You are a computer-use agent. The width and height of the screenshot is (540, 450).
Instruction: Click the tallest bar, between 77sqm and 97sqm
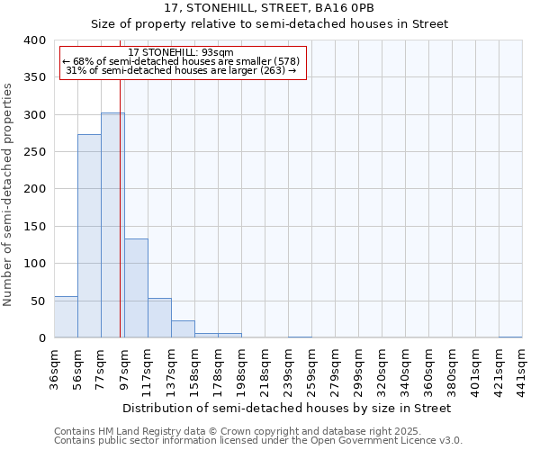pyautogui.click(x=112, y=225)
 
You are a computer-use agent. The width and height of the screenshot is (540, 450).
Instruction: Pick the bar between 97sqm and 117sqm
pyautogui.click(x=136, y=288)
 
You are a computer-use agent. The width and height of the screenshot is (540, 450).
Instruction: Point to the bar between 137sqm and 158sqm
pyautogui.click(x=183, y=329)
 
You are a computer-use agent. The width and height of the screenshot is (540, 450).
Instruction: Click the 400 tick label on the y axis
pyautogui.click(x=33, y=40)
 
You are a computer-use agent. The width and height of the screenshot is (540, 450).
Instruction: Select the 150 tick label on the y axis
pyautogui.click(x=33, y=227)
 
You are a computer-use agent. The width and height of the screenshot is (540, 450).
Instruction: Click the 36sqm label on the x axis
pyautogui.click(x=55, y=367)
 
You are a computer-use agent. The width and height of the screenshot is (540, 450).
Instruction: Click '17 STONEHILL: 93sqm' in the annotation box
pyautogui.click(x=181, y=52)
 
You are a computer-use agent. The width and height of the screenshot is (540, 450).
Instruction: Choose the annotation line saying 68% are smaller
pyautogui.click(x=181, y=61)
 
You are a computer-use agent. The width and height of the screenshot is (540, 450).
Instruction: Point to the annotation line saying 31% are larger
pyautogui.click(x=181, y=70)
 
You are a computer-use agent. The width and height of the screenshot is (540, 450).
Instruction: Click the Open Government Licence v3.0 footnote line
pyautogui.click(x=258, y=441)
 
